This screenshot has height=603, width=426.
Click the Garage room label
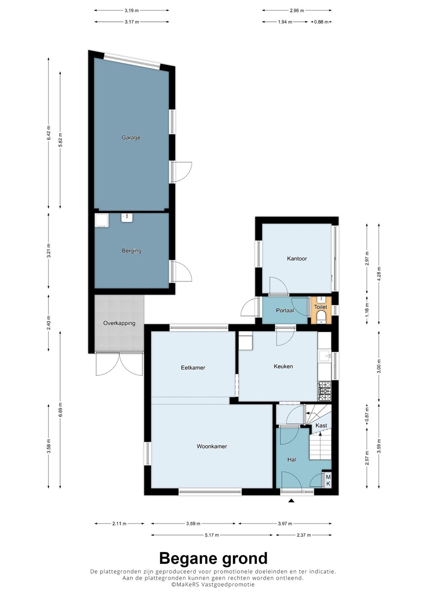131,137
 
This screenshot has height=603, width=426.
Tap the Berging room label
131,250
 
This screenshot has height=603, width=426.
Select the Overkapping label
119,323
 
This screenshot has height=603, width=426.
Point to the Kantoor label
297,259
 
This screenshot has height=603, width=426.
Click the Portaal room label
285,310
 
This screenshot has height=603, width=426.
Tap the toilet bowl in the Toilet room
321,317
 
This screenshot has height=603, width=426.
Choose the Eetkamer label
193,368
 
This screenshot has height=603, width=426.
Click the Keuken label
283,366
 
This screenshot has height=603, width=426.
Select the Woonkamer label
212,446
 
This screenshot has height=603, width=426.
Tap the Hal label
292,459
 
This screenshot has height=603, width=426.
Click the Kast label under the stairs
321,425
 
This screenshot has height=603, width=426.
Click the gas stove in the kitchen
325,391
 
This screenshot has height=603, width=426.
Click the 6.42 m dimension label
49,133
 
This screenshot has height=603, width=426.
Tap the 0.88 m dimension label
321,22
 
